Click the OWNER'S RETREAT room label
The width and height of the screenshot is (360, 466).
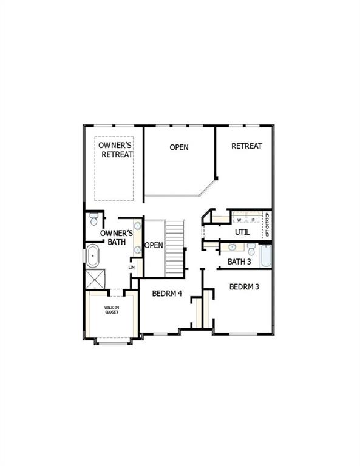click(x=115, y=150)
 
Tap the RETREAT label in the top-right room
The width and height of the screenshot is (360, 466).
click(x=246, y=146)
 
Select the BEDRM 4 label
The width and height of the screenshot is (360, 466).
click(x=167, y=294)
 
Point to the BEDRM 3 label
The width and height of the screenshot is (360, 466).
click(x=244, y=286)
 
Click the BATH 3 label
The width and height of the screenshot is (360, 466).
click(x=239, y=262)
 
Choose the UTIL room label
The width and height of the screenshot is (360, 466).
click(x=242, y=232)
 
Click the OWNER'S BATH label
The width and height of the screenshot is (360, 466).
click(x=115, y=237)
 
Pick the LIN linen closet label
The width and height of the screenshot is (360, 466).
click(x=131, y=267)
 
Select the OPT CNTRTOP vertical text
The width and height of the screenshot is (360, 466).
click(x=268, y=225)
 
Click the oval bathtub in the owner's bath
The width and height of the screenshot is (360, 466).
click(x=93, y=256)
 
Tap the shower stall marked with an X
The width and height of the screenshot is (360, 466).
click(x=95, y=279)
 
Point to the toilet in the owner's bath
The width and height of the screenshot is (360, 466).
click(x=93, y=218)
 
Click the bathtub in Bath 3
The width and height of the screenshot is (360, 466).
click(x=265, y=256)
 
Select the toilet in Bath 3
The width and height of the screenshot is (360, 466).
click(x=251, y=248)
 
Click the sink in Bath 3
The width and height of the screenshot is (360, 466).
click(x=232, y=247)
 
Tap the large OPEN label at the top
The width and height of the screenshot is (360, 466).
click(x=178, y=147)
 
